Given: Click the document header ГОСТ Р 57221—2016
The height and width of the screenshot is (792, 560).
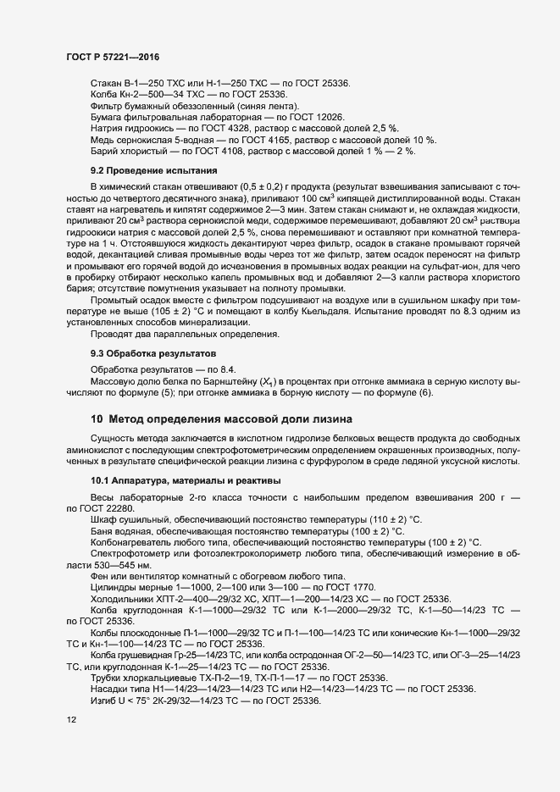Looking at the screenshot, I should tap(113, 57).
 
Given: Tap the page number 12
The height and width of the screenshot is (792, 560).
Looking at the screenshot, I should tap(71, 720).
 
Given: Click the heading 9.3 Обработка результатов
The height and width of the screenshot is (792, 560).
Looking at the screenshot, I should tap(148, 352).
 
